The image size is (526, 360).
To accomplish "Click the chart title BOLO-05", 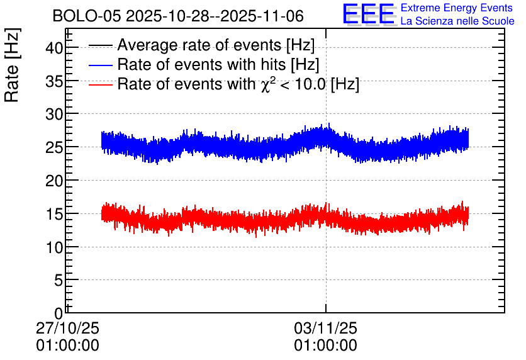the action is pyautogui.click(x=87, y=16).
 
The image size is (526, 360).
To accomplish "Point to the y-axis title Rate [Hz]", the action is pyautogui.click(x=12, y=65).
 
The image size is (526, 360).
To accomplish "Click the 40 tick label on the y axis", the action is pyautogui.click(x=54, y=48).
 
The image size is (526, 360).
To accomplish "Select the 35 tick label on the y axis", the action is pyautogui.click(x=54, y=81).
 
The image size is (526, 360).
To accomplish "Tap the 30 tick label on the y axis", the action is pyautogui.click(x=54, y=115).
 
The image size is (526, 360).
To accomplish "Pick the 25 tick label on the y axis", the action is pyautogui.click(x=54, y=147).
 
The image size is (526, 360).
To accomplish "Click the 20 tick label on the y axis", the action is pyautogui.click(x=54, y=181).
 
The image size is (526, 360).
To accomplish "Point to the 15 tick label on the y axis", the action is pyautogui.click(x=54, y=214).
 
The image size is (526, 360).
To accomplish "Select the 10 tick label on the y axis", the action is pyautogui.click(x=54, y=247).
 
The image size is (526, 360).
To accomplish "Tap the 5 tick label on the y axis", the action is pyautogui.click(x=59, y=280).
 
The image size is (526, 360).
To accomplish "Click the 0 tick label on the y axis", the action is pyautogui.click(x=59, y=313).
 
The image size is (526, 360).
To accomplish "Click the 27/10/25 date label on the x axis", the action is pyautogui.click(x=67, y=328).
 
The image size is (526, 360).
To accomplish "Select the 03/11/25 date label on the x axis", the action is pyautogui.click(x=326, y=328).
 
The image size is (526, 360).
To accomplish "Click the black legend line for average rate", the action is pyautogui.click(x=101, y=45).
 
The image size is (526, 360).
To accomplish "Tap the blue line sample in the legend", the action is pyautogui.click(x=101, y=65).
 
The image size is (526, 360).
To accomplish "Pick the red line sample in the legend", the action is pyautogui.click(x=101, y=84).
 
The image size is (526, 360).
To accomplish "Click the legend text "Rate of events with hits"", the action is pyautogui.click(x=201, y=64).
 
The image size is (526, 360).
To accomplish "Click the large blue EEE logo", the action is pyautogui.click(x=368, y=14).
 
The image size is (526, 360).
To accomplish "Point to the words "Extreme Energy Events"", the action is pyautogui.click(x=457, y=8).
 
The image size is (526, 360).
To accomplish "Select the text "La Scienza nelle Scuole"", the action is pyautogui.click(x=457, y=21).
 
